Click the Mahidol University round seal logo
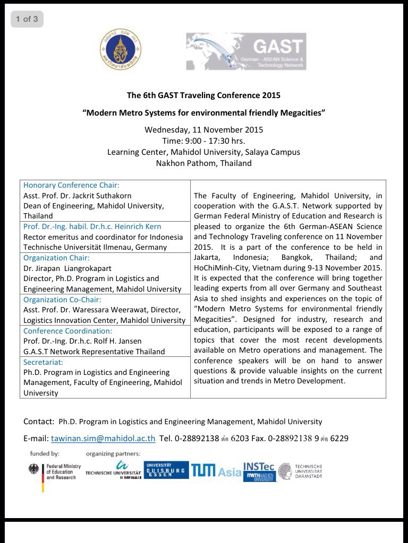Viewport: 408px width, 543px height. click(120, 51)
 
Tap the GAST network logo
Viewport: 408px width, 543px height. click(246, 51)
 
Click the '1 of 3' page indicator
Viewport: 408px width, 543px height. click(27, 19)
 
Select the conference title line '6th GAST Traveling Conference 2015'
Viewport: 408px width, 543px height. click(203, 96)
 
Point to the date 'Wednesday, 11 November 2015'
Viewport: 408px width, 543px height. click(203, 129)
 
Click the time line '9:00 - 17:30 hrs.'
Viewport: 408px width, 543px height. click(203, 141)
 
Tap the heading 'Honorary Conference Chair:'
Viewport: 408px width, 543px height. click(71, 185)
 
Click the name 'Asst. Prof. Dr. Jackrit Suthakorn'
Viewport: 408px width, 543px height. click(77, 196)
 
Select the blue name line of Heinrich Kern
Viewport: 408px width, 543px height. click(92, 226)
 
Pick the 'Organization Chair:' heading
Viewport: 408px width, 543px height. click(56, 258)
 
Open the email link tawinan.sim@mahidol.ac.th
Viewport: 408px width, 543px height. click(103, 439)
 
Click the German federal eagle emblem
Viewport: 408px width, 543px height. click(36, 470)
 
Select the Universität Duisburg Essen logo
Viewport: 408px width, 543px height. click(166, 470)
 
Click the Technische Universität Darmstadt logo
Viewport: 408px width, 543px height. click(300, 471)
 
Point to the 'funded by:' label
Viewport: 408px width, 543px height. click(45, 454)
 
